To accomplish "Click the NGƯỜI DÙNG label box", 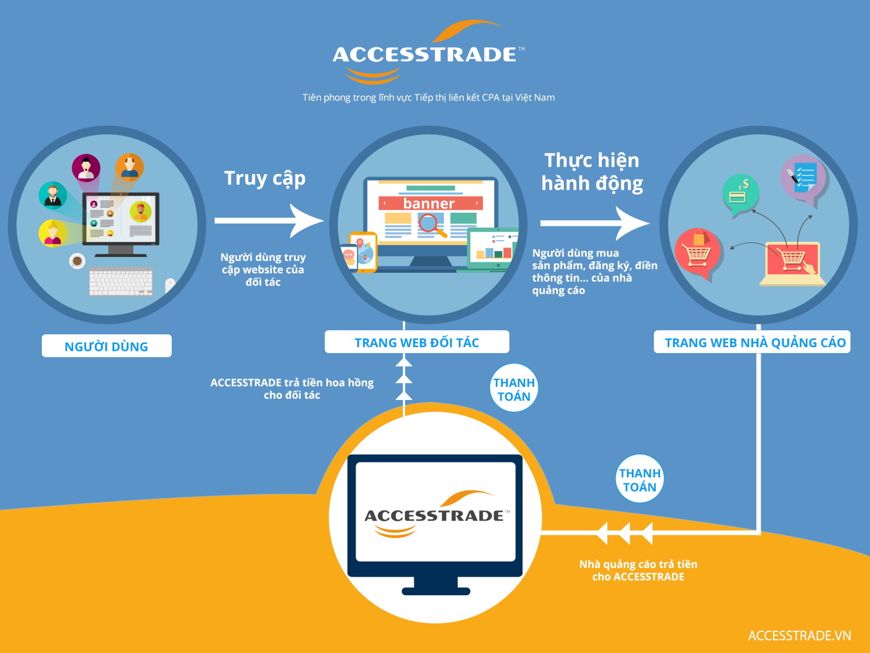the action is (107, 346).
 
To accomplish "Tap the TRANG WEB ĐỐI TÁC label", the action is (417, 342).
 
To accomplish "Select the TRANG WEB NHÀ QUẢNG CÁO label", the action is (752, 342).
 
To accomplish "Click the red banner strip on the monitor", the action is (431, 203).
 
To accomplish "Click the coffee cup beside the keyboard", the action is (77, 261).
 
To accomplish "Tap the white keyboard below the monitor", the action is (121, 281).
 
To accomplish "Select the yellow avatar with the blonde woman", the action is (52, 233).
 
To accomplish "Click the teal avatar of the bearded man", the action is (53, 195).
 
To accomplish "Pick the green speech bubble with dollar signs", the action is (740, 194).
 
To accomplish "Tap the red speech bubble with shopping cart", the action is (698, 252).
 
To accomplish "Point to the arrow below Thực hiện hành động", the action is (595, 223).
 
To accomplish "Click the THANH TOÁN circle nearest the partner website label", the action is (514, 388).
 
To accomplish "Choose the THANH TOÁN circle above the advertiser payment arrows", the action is (639, 478).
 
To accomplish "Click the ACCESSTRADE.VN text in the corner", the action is (799, 636).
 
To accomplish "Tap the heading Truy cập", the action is (265, 179).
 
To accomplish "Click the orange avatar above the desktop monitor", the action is (129, 167).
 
